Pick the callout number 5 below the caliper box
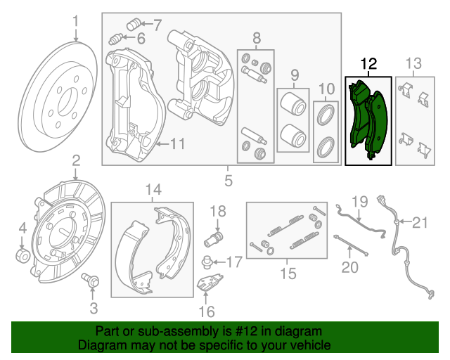229,181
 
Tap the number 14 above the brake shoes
153,189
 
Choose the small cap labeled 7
134,26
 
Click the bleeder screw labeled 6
118,38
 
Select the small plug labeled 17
206,263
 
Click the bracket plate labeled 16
206,285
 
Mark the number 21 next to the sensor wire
419,224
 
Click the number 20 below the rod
349,267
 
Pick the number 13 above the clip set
414,65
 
